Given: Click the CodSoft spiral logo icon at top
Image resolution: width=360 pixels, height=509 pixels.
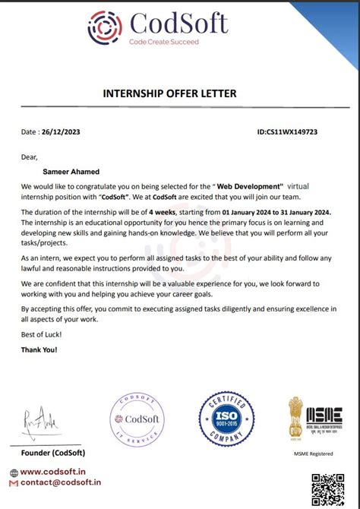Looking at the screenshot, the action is [105, 27].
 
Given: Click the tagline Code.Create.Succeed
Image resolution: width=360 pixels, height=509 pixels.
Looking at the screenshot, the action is [163, 42].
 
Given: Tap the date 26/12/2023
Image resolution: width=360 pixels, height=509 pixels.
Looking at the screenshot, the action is [62, 132].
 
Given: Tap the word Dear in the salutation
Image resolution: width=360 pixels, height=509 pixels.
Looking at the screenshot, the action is [30, 157].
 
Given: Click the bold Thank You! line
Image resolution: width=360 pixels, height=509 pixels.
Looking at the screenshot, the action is [39, 350].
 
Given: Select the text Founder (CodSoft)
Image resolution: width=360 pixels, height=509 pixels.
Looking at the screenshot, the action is [43, 453].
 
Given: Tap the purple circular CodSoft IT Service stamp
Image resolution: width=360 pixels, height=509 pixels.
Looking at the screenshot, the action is [139, 421].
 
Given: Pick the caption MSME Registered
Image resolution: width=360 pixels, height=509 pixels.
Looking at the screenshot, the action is [314, 454].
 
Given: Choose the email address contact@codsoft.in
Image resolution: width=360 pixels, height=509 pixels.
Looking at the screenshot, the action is [60, 482].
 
